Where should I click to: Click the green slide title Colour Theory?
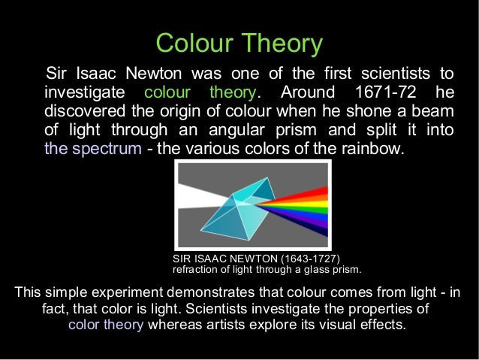[x=239, y=43]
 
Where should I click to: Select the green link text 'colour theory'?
[x=200, y=93]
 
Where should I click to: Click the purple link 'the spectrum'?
[x=92, y=148]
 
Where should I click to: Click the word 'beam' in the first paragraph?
[x=435, y=111]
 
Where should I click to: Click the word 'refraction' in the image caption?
[x=197, y=269]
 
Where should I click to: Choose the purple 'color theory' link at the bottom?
[x=106, y=325]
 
